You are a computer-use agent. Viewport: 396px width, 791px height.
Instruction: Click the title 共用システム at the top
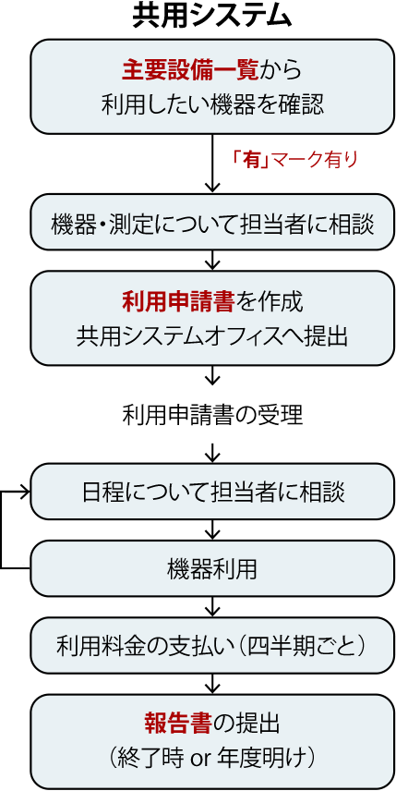tap(212, 17)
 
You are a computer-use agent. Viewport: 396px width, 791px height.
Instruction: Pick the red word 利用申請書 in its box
tap(178, 302)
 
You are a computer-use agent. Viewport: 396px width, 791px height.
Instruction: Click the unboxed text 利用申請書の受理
tap(212, 416)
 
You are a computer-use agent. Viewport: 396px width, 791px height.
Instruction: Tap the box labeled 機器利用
tap(212, 569)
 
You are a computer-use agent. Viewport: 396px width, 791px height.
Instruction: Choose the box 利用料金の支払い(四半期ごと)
tap(212, 645)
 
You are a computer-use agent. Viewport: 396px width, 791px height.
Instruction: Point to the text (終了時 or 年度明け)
tap(212, 758)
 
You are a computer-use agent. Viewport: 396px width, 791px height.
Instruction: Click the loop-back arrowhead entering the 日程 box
tap(25, 493)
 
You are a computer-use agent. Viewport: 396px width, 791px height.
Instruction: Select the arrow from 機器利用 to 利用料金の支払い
tap(212, 607)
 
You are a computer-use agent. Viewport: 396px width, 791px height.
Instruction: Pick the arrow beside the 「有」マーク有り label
tap(212, 163)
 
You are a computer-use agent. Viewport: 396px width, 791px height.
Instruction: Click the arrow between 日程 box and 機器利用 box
tap(212, 530)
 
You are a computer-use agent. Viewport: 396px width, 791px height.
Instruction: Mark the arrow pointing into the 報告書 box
tap(212, 684)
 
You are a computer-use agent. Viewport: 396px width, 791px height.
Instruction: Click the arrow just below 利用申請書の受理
tap(212, 453)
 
